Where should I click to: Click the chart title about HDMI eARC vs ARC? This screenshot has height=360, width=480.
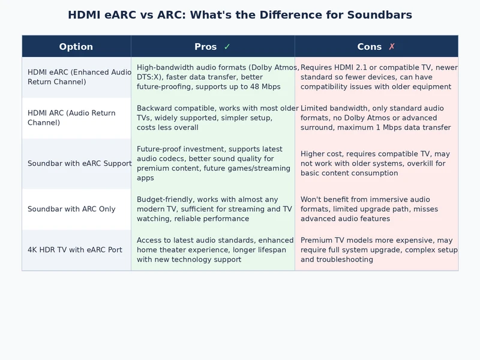tap(240, 15)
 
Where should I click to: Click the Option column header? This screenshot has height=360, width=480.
tap(76, 47)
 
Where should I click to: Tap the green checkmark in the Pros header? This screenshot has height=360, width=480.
tap(227, 47)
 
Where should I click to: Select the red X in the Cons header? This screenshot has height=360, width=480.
tap(392, 47)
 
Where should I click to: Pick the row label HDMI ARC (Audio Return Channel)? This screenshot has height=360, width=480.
tap(71, 118)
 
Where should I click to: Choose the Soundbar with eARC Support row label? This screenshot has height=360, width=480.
tap(79, 164)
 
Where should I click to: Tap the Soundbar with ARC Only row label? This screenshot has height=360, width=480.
tap(71, 209)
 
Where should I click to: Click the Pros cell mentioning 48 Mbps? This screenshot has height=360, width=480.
tap(212, 77)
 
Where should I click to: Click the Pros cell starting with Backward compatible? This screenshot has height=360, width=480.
tap(212, 118)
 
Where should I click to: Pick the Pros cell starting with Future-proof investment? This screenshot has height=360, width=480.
tap(212, 164)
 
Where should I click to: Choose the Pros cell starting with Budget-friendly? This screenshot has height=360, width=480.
tap(212, 209)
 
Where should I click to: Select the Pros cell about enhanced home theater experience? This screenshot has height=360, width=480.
tap(212, 250)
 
